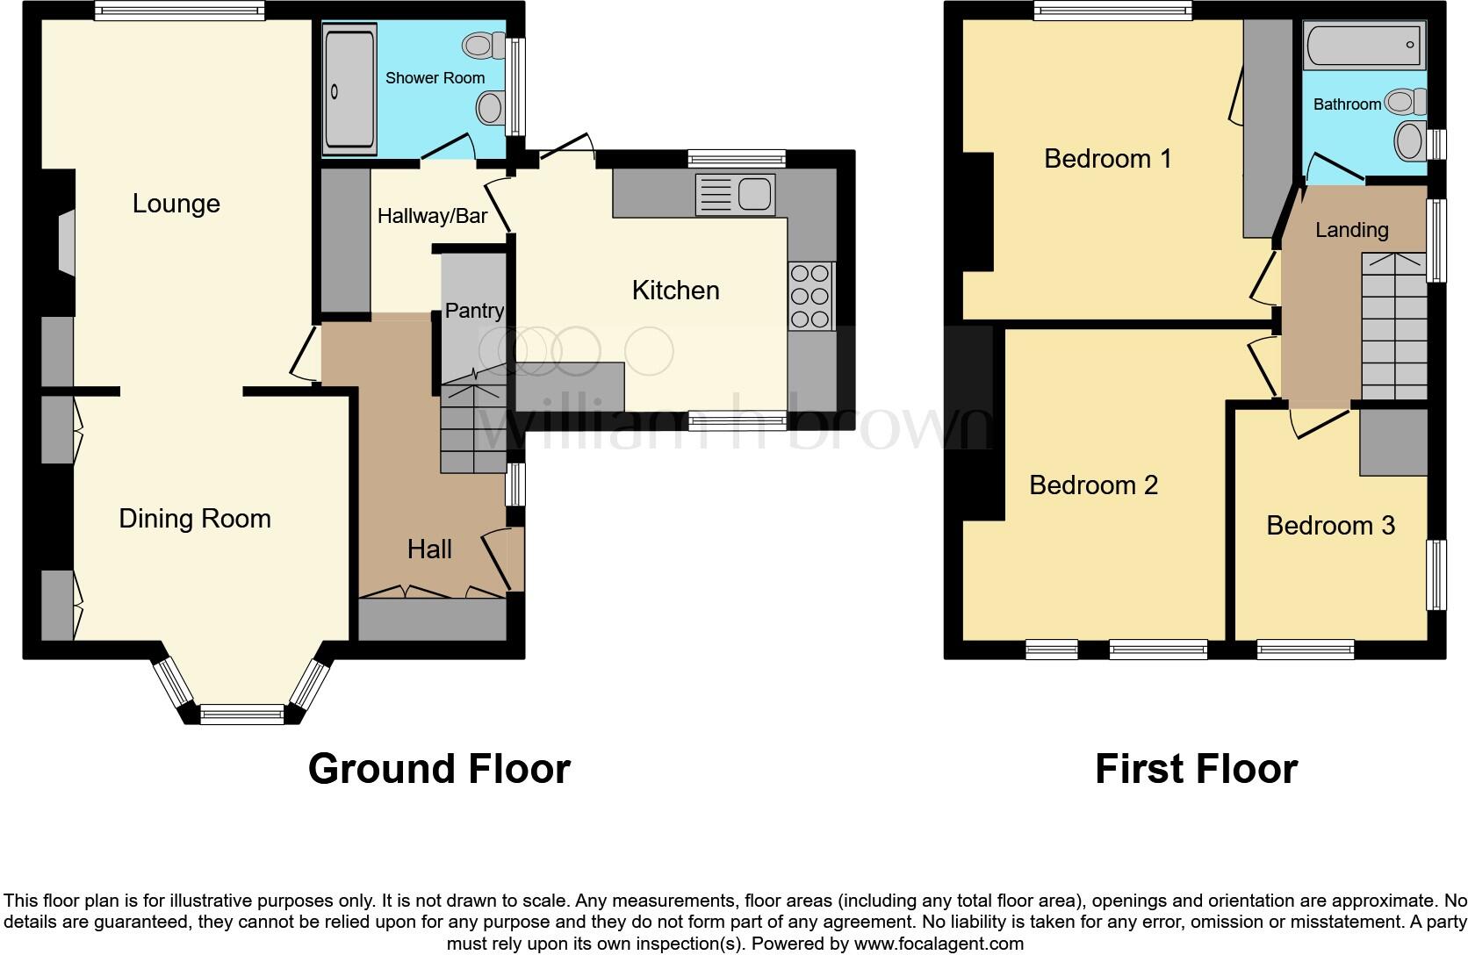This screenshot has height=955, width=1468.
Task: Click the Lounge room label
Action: click(176, 204)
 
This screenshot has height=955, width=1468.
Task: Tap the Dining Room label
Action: click(195, 519)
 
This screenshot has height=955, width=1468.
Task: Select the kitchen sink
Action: click(735, 195)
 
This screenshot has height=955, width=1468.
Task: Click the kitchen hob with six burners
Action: click(810, 296)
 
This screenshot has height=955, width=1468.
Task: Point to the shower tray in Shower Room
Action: click(349, 89)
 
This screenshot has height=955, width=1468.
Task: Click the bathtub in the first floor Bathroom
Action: click(1364, 46)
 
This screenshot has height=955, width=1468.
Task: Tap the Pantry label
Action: click(474, 311)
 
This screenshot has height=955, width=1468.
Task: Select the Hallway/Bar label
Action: click(432, 216)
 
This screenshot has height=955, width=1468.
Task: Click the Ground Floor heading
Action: click(439, 769)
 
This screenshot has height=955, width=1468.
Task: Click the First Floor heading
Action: click(1196, 769)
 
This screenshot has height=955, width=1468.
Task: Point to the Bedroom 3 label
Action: click(1330, 526)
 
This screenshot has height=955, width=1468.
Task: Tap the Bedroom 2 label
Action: click(1093, 485)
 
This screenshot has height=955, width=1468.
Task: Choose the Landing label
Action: click(1351, 230)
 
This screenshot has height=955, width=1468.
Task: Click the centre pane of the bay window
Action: click(243, 714)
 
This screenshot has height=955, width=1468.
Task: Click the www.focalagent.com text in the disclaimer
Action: click(938, 944)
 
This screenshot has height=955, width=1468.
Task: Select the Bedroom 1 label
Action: click(1107, 159)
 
